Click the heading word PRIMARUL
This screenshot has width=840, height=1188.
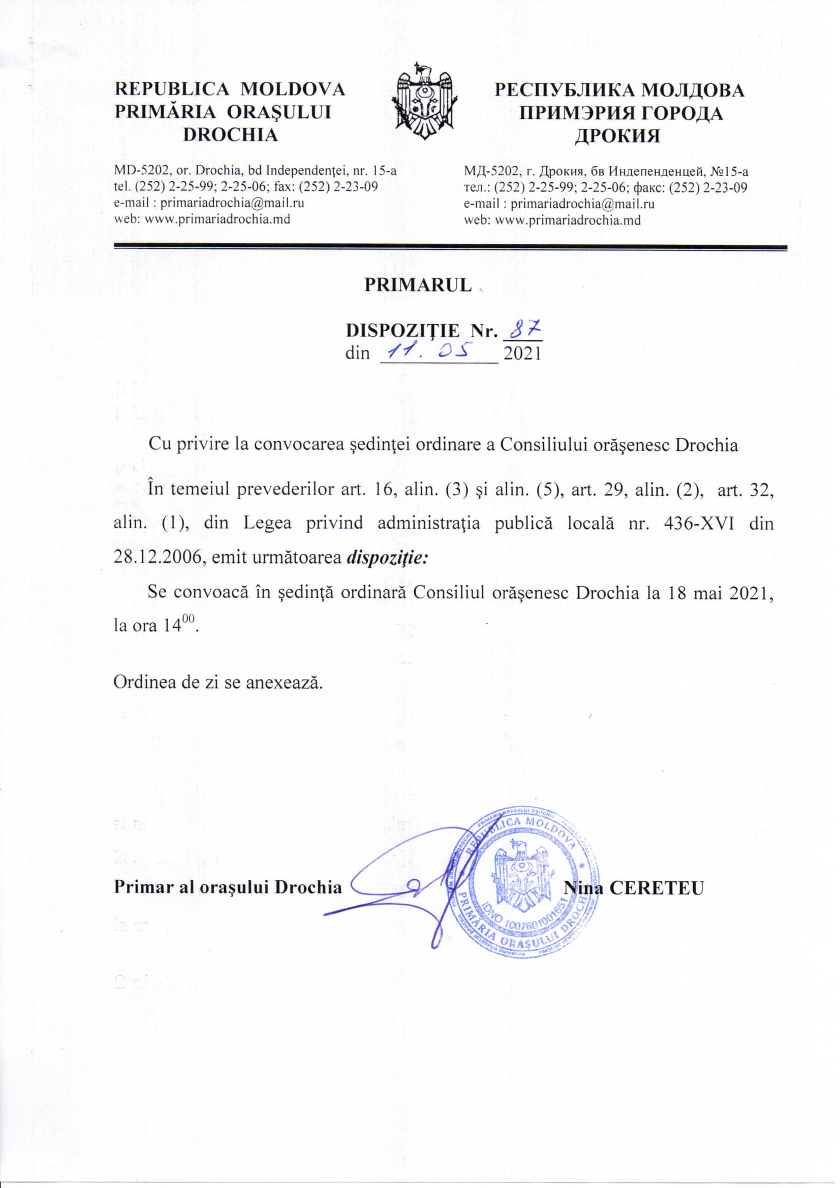click(418, 285)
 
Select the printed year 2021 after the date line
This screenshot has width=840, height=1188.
click(523, 354)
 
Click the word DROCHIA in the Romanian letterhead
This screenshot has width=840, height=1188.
click(231, 135)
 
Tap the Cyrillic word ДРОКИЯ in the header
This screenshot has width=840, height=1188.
click(618, 136)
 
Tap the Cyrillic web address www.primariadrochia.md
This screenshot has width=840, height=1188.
click(568, 220)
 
